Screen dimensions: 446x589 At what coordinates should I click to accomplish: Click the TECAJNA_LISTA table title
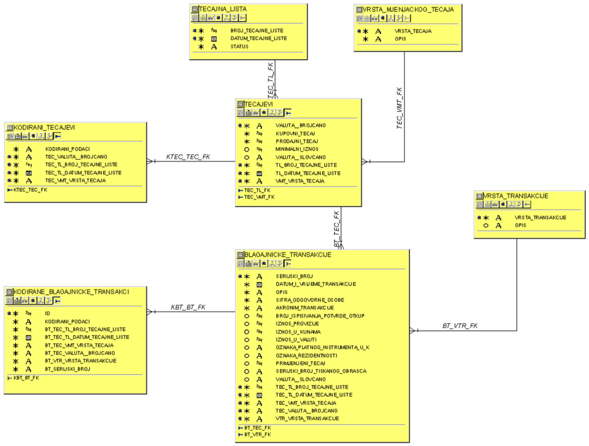222,9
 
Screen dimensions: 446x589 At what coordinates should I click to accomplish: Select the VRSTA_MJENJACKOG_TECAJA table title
408,9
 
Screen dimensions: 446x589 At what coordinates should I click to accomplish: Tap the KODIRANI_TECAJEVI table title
44,127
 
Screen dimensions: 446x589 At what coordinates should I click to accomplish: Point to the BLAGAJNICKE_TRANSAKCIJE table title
288,255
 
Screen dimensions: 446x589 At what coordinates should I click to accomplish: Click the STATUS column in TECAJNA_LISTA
239,47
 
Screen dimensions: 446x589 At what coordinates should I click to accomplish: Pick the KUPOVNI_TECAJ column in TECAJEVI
295,134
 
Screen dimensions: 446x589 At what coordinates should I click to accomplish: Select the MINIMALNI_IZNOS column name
297,149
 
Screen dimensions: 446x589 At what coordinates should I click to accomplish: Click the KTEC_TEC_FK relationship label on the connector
188,157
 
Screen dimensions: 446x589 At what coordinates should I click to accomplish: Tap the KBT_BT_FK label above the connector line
188,307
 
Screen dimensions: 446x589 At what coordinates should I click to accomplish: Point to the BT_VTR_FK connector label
460,326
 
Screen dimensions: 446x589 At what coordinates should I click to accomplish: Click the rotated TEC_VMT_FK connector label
399,108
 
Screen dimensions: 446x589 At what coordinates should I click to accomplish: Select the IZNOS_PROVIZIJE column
297,324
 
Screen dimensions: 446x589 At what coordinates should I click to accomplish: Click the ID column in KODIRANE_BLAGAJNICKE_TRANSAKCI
48,314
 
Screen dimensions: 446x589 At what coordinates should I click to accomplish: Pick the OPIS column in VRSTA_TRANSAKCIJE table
520,225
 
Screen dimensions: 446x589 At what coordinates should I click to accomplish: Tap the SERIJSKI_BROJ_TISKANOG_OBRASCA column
321,371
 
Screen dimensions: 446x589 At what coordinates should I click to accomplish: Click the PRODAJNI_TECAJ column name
297,141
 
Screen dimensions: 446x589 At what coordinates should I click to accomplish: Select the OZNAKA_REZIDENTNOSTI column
306,356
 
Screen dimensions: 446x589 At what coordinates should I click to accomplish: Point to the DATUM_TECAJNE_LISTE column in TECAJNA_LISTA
258,39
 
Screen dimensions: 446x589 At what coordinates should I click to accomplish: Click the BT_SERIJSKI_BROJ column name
68,369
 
